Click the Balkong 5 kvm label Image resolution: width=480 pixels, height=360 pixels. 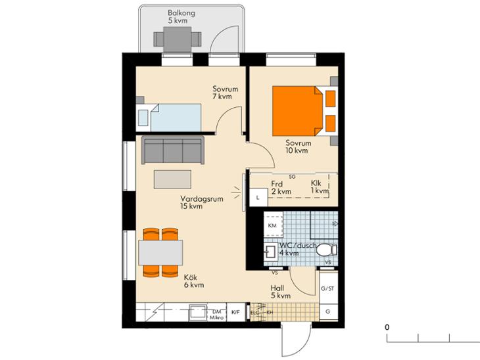pyautogui.click(x=181, y=17)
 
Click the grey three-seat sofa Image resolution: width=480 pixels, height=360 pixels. pyautogui.click(x=173, y=150)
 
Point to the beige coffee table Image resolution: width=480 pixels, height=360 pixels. pyautogui.click(x=173, y=179)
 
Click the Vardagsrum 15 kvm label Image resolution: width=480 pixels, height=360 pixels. pyautogui.click(x=202, y=202)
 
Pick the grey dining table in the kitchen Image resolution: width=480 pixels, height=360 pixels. pyautogui.click(x=160, y=253)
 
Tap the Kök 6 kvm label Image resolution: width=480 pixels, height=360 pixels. pyautogui.click(x=194, y=281)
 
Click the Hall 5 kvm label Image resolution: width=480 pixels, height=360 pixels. pyautogui.click(x=280, y=292)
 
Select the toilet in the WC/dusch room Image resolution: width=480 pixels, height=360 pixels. pyautogui.click(x=326, y=250)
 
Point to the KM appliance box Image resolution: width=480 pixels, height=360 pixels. pyautogui.click(x=273, y=225)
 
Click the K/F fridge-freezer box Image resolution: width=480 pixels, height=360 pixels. pyautogui.click(x=235, y=312)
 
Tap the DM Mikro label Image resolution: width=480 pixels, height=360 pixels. pyautogui.click(x=217, y=315)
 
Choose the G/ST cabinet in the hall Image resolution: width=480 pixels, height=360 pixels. pyautogui.click(x=329, y=288)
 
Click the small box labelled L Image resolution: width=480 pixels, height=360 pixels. pyautogui.click(x=258, y=197)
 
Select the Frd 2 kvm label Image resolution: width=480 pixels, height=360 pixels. pyautogui.click(x=281, y=188)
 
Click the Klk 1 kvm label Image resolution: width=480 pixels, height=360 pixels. pyautogui.click(x=320, y=187)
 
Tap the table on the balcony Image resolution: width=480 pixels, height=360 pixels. pyautogui.click(x=178, y=39)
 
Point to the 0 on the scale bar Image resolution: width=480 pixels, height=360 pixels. pyautogui.click(x=387, y=327)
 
